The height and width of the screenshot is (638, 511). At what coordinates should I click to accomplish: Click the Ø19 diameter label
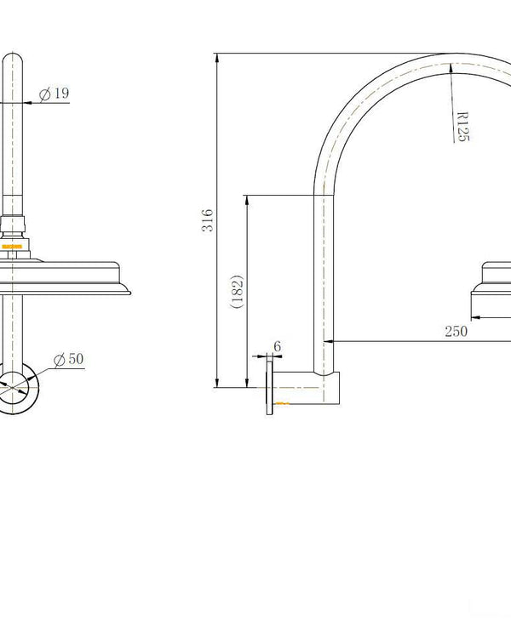pos(55,94)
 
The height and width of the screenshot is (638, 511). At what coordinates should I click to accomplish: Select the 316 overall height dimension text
pos(208,221)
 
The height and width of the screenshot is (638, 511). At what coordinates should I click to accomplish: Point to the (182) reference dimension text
pos(238,292)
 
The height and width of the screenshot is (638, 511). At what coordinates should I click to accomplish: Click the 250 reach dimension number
pos(456,332)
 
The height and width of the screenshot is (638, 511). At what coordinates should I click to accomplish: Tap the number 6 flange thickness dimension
pos(277,347)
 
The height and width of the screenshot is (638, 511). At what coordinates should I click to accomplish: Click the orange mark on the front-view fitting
pos(12,248)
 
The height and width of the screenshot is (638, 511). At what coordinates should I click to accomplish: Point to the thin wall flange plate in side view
pos(270,387)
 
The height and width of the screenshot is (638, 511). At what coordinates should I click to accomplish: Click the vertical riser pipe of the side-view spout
pos(322,281)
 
